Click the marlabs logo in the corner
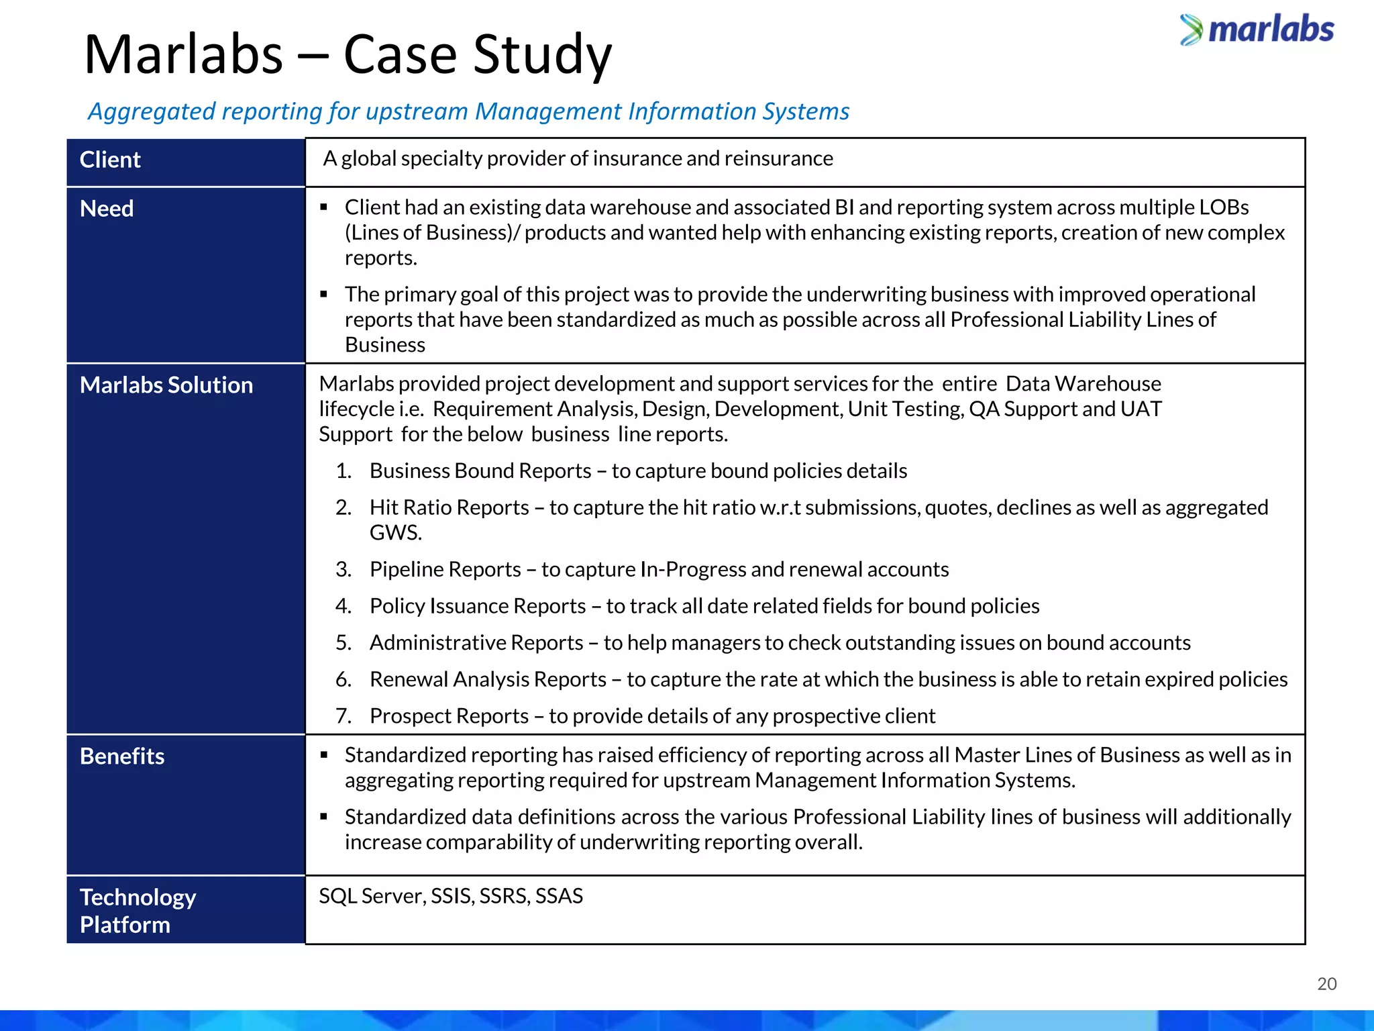point(1257,30)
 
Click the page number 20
point(1326,984)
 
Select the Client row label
point(110,160)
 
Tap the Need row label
point(107,209)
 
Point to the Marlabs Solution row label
point(166,385)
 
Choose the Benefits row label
point(122,756)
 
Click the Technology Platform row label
point(138,911)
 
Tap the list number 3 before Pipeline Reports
point(343,570)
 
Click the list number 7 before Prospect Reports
point(343,716)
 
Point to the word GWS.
point(395,533)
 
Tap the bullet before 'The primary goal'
point(324,294)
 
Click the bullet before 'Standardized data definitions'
point(324,817)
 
